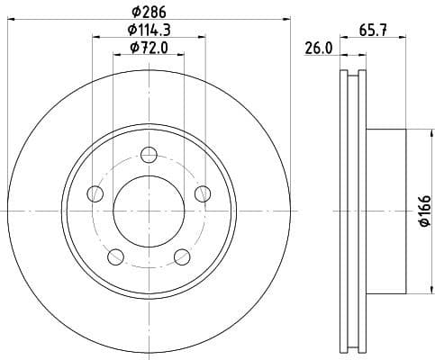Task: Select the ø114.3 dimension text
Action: point(149,31)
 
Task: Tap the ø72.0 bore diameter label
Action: point(149,47)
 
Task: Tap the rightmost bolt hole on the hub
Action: point(203,193)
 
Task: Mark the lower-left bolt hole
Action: point(115,256)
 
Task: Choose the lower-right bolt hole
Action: point(183,256)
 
